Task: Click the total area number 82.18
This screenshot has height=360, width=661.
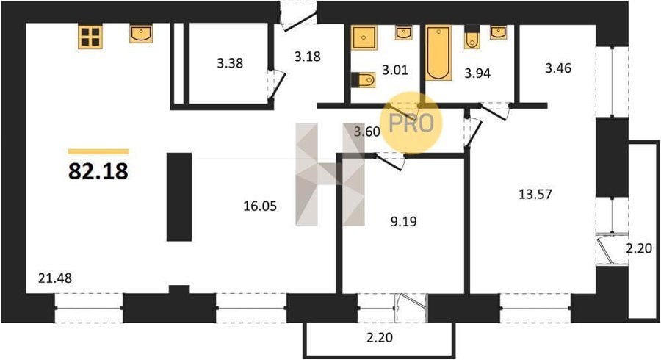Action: tap(98, 171)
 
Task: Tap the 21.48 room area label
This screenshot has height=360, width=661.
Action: tap(55, 278)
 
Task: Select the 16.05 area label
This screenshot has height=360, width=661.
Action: tap(260, 206)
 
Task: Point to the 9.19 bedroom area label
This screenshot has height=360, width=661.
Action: tap(403, 221)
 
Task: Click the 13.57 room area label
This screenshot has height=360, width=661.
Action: tap(535, 195)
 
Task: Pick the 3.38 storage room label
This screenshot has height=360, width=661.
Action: tap(230, 63)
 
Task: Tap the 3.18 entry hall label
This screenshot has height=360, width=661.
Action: tap(307, 57)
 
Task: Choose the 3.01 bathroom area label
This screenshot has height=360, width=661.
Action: tap(395, 70)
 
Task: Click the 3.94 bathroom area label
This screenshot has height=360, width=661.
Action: tap(477, 73)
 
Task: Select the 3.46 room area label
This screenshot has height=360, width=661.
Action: tap(558, 68)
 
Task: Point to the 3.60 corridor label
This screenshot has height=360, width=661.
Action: tap(366, 132)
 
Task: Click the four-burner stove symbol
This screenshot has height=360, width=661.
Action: tap(90, 37)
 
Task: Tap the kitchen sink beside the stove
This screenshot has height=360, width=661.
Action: tap(141, 34)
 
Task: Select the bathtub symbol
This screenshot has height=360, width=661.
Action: tap(438, 53)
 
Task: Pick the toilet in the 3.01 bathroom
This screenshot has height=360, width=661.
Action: tap(364, 79)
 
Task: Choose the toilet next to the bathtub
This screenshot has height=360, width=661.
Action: tap(472, 39)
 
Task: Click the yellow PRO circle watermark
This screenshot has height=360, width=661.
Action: tap(411, 123)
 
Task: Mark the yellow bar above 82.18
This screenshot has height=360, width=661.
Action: tap(98, 152)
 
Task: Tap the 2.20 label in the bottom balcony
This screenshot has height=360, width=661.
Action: tap(380, 338)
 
